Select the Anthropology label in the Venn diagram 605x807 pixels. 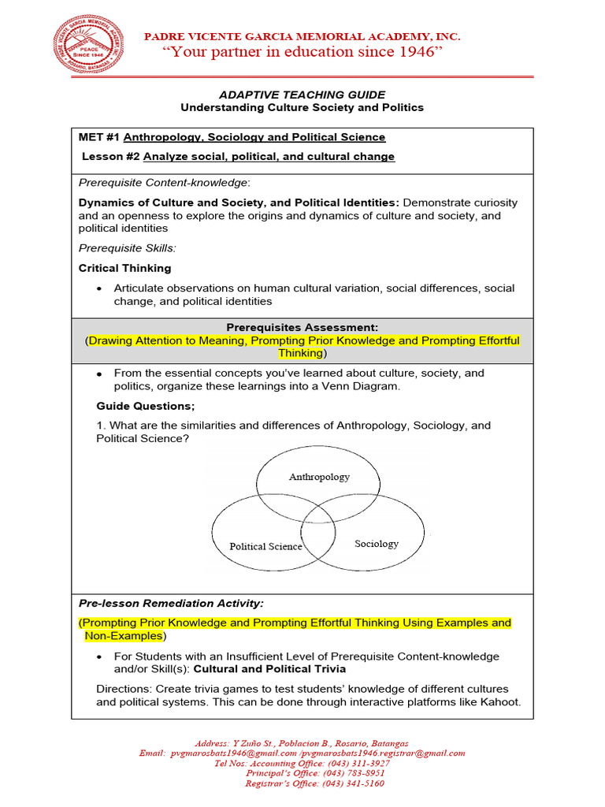[x=319, y=477]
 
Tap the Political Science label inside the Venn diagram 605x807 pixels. [x=265, y=546]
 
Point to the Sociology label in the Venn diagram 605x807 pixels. [x=377, y=544]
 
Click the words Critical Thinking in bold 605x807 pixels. [x=124, y=268]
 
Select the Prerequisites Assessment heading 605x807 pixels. [x=302, y=327]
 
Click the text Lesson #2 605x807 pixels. [x=111, y=157]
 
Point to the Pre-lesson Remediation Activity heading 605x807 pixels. [x=171, y=604]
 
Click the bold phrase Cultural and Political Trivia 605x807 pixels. [x=269, y=669]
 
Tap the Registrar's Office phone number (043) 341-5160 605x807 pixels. [x=352, y=783]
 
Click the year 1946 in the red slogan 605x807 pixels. [x=416, y=52]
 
